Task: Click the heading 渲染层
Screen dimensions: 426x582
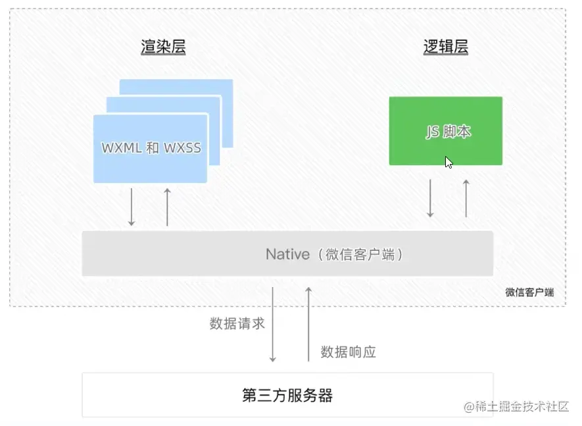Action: point(163,47)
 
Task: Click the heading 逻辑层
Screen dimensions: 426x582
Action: point(445,47)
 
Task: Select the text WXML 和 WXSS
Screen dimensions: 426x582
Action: point(151,147)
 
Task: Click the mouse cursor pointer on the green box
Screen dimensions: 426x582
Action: point(449,162)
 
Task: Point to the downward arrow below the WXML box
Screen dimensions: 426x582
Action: point(132,207)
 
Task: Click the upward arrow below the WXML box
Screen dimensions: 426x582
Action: point(167,207)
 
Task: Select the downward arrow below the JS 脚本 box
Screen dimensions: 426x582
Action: point(431,198)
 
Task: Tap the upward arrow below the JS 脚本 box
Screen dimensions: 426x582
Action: point(466,198)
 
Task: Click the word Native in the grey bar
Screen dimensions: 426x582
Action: point(287,254)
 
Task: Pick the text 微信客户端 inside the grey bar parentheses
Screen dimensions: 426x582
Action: point(360,254)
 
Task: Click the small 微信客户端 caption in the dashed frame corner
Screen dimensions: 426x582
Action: point(529,292)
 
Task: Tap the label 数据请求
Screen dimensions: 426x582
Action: point(237,323)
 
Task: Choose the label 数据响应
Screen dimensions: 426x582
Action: point(348,352)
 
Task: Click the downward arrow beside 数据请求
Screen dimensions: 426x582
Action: point(273,324)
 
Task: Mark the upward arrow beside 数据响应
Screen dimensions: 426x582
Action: point(308,324)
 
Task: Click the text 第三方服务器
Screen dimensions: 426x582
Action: point(287,395)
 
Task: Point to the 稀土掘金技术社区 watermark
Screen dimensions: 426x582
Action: point(516,407)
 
